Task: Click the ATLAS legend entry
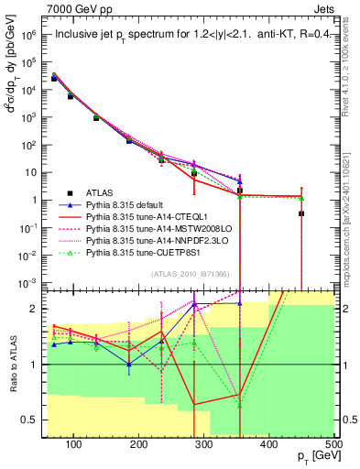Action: click(100, 192)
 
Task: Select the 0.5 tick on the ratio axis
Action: click(33, 420)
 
